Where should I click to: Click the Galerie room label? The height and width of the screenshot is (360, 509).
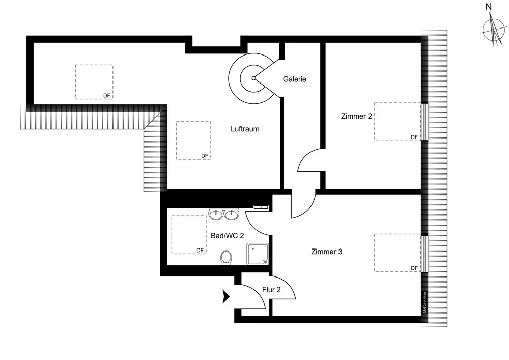tap(295, 79)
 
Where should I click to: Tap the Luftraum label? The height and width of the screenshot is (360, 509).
tap(245, 129)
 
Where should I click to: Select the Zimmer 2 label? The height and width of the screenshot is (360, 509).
tap(356, 116)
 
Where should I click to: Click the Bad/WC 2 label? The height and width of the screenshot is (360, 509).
tap(228, 236)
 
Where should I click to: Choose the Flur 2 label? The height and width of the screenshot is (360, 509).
tap(271, 290)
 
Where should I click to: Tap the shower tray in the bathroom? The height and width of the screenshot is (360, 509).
tap(258, 254)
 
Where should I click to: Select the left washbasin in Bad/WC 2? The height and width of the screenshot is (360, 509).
tap(216, 214)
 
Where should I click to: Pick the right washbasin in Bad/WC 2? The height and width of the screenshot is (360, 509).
tap(232, 214)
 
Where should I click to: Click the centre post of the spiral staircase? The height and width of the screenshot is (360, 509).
tap(253, 78)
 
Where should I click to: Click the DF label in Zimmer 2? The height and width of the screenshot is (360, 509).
tap(414, 137)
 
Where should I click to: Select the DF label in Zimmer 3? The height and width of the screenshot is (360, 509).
tap(414, 268)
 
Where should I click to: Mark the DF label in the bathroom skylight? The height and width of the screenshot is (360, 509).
tap(200, 250)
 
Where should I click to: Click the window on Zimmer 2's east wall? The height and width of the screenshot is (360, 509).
tap(425, 122)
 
